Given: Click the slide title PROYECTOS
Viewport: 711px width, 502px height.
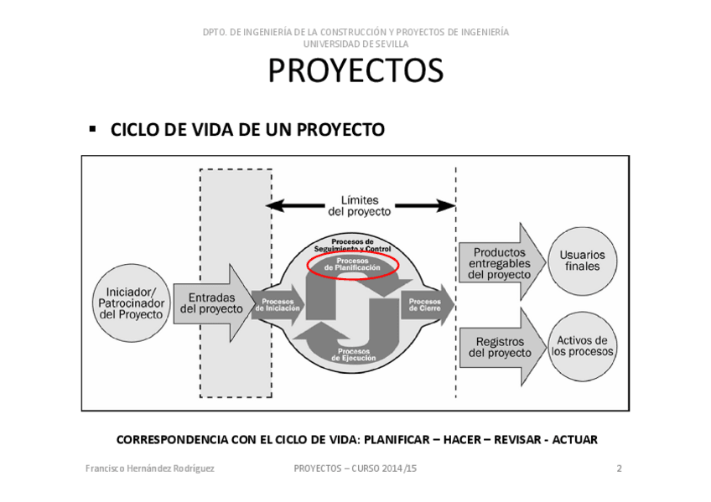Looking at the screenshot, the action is pyautogui.click(x=355, y=71).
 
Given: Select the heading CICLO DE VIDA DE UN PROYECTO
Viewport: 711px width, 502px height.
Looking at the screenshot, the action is pyautogui.click(x=247, y=130).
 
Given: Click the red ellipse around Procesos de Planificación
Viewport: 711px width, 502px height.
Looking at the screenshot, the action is pyautogui.click(x=353, y=265).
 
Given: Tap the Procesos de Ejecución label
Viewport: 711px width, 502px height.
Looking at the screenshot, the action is pyautogui.click(x=353, y=355).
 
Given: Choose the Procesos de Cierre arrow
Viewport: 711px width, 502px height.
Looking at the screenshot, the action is pyautogui.click(x=426, y=305).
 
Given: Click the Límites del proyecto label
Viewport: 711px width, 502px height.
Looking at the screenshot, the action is pyautogui.click(x=360, y=205).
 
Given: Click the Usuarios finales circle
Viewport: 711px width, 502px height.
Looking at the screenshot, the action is pyautogui.click(x=583, y=261).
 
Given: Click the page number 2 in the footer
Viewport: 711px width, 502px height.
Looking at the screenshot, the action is pyautogui.click(x=619, y=468).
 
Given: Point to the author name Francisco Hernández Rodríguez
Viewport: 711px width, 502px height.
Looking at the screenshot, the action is pyautogui.click(x=150, y=468).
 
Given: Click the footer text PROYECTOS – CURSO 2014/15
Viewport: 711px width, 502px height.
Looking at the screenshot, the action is pyautogui.click(x=355, y=468).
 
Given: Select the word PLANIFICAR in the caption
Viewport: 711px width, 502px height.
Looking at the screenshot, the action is pyautogui.click(x=398, y=439).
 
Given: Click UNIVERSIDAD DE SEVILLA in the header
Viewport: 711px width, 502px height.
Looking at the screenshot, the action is pyautogui.click(x=355, y=44).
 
